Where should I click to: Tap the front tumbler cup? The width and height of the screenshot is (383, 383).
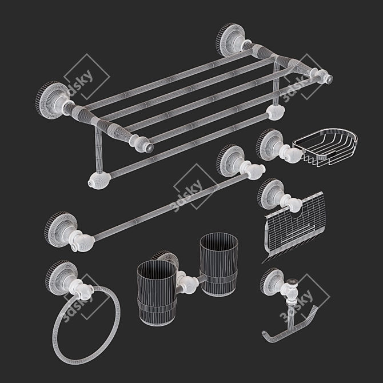[x=156, y=293]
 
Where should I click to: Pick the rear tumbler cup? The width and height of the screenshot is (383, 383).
[x=218, y=264]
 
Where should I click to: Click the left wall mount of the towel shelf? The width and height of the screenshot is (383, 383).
[x=53, y=100]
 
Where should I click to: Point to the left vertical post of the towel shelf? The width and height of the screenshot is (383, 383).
[x=99, y=149]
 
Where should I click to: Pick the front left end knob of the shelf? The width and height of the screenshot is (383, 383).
[x=142, y=143]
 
